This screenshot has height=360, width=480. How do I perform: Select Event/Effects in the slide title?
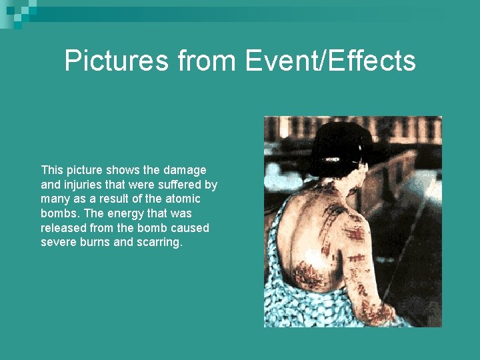click(330, 61)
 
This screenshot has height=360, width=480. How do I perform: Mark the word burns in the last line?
click(95, 242)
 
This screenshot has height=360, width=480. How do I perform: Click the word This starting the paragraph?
click(51, 170)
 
